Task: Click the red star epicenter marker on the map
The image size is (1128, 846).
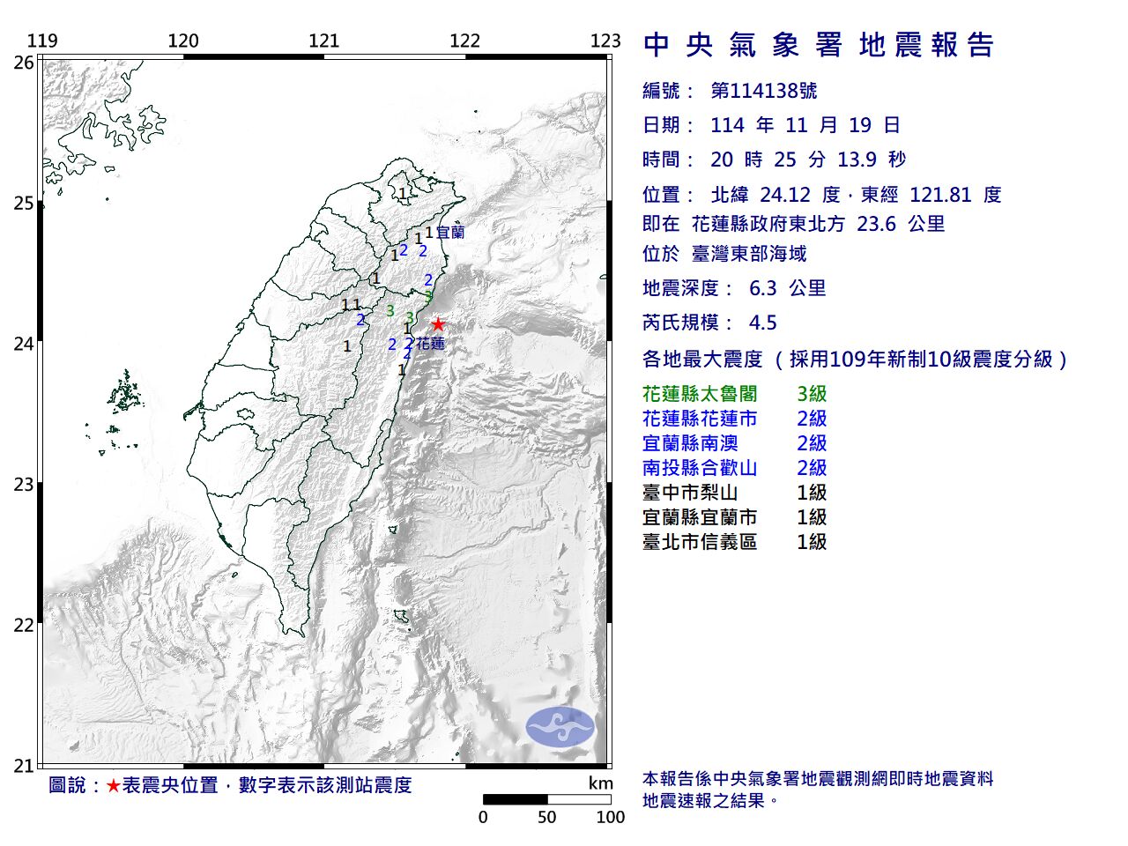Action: pos(438,324)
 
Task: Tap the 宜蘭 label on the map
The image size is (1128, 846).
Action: pos(449,233)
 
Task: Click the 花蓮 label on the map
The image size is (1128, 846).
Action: pos(430,344)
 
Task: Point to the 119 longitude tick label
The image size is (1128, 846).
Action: pos(42,41)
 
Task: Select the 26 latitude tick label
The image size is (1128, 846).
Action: pos(24,63)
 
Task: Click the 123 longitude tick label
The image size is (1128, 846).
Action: pos(605,41)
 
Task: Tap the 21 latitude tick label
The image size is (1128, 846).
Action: pos(24,766)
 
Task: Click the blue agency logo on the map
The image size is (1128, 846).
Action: pos(560,727)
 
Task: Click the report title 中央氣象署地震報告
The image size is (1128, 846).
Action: pos(819,45)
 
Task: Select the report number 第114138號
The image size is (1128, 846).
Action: pos(763,91)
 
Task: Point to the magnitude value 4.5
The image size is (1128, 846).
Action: pos(762,323)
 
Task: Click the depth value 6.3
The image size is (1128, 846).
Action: pos(762,288)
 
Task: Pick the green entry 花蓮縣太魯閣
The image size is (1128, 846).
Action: pos(700,394)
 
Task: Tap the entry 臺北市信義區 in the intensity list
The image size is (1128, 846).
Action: pos(700,542)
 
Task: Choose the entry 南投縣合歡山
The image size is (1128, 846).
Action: pos(700,468)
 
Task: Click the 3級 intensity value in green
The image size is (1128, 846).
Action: pos(812,394)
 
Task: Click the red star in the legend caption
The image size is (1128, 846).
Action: pos(113,785)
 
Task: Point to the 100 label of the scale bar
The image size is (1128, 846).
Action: pos(610,817)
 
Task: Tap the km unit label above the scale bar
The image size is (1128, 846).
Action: pos(600,783)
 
